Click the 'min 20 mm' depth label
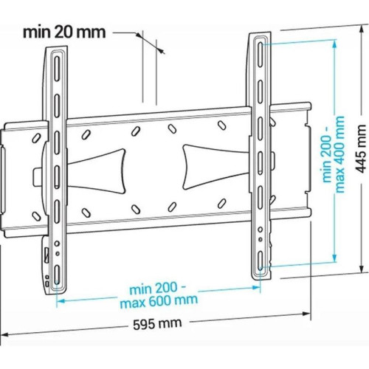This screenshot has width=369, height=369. coord(64,32)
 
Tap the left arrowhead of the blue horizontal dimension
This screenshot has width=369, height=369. coord(60,300)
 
